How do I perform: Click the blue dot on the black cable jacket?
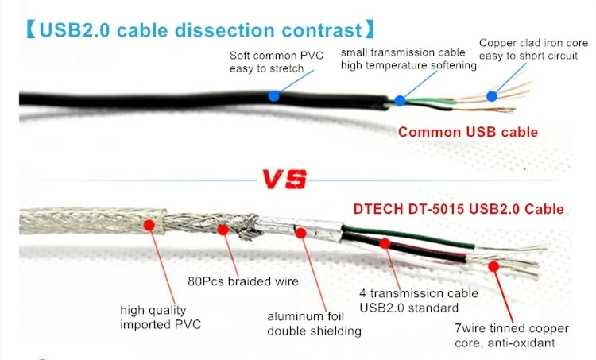pyautogui.click(x=273, y=95)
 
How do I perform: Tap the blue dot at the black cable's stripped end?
pyautogui.click(x=400, y=101)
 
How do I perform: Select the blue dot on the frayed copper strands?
pyautogui.click(x=492, y=96)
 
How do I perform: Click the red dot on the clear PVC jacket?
pyautogui.click(x=148, y=225)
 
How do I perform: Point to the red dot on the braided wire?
pyautogui.click(x=223, y=230)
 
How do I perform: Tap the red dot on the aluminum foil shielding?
pyautogui.click(x=300, y=232)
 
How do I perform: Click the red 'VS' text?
pyautogui.click(x=285, y=180)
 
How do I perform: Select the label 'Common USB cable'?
pyautogui.click(x=467, y=132)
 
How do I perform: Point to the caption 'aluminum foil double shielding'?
pyautogui.click(x=315, y=323)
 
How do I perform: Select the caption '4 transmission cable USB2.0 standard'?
pyautogui.click(x=408, y=300)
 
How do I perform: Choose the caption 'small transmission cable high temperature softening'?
pyautogui.click(x=408, y=59)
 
